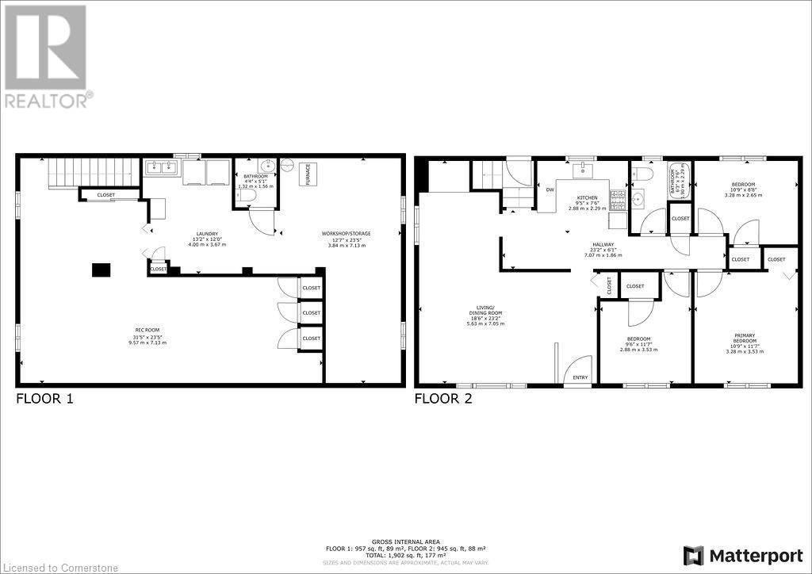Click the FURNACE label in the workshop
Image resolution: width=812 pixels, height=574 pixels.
point(308,174)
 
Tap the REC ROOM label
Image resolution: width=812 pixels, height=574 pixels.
point(148,331)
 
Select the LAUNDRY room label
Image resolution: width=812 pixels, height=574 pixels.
point(208,233)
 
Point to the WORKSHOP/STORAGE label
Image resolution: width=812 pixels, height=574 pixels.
point(346,233)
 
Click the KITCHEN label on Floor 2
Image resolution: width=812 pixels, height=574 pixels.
point(588,197)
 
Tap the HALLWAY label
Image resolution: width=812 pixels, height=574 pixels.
point(603,245)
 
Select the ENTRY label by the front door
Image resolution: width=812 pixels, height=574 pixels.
point(580,377)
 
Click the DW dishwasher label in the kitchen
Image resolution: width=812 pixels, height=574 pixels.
point(550,189)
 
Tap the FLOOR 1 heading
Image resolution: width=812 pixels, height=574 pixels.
point(45,399)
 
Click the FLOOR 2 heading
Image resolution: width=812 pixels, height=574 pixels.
point(443,399)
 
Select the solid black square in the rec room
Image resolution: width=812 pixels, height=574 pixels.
point(101,270)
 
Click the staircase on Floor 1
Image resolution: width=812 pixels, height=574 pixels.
point(79,171)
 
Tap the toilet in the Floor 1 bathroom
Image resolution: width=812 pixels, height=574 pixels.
point(247,194)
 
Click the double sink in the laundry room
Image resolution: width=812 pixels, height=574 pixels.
point(161,168)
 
